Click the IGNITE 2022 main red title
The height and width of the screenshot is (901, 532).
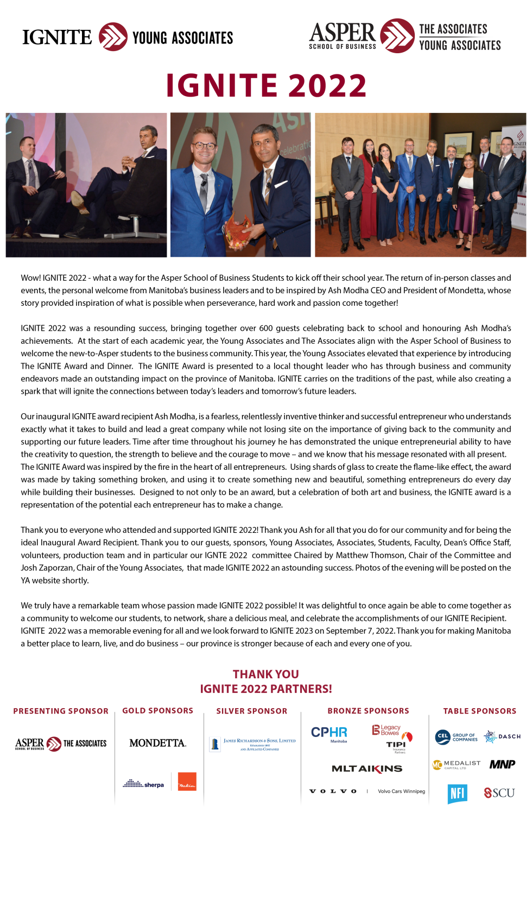pyautogui.click(x=266, y=86)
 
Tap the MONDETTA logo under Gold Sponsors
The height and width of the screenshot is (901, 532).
pyautogui.click(x=157, y=743)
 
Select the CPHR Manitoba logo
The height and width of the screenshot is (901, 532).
pyautogui.click(x=329, y=733)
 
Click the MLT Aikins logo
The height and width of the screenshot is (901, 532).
pyautogui.click(x=367, y=768)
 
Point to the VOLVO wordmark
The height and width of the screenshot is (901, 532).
pyautogui.click(x=333, y=791)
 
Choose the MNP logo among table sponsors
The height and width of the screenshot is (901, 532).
pyautogui.click(x=502, y=764)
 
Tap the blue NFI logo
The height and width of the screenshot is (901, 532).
pyautogui.click(x=457, y=793)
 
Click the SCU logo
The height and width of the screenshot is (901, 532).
pyautogui.click(x=499, y=793)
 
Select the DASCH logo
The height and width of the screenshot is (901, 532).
pyautogui.click(x=502, y=736)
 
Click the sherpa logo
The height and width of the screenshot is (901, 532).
pyautogui.click(x=143, y=784)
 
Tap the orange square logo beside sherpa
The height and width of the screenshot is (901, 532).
pyautogui.click(x=187, y=782)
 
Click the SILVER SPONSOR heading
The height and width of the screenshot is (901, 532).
pyautogui.click(x=251, y=711)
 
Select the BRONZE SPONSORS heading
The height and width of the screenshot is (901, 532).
pyautogui.click(x=368, y=711)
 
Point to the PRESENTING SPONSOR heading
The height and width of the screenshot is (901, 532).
pyautogui.click(x=61, y=711)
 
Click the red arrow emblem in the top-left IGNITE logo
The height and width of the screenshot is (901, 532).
pyautogui.click(x=113, y=37)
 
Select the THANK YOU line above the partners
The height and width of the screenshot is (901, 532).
pyautogui.click(x=265, y=674)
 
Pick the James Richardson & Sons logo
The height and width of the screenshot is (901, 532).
pyautogui.click(x=254, y=744)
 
